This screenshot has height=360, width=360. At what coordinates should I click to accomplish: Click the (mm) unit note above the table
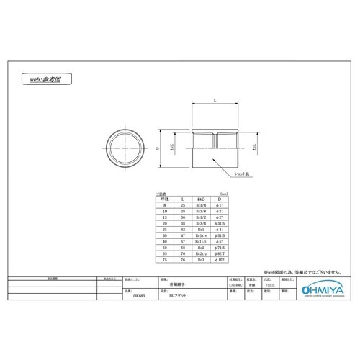226,192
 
